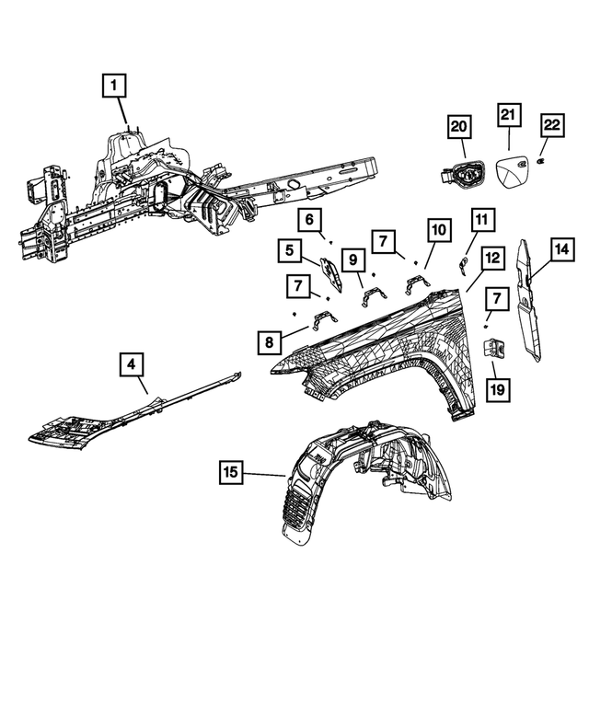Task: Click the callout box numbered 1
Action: click(113, 87)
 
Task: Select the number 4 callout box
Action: click(132, 365)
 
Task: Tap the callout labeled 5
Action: click(289, 249)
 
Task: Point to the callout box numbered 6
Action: click(310, 220)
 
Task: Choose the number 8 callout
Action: click(270, 342)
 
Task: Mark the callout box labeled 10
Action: click(439, 228)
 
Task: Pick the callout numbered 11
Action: click(482, 221)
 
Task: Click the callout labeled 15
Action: click(231, 474)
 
